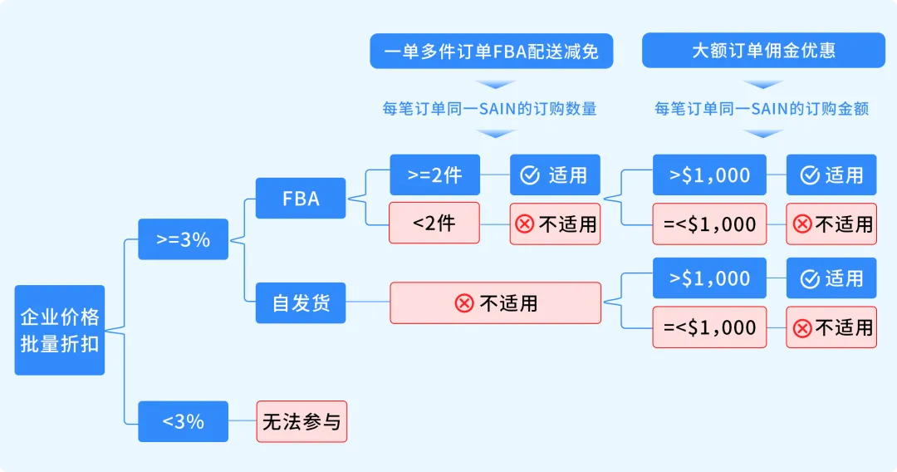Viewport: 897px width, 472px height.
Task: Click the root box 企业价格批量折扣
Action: click(60, 330)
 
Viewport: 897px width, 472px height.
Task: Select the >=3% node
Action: click(183, 240)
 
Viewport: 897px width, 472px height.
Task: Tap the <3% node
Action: click(183, 421)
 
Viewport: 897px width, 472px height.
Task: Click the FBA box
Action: click(301, 199)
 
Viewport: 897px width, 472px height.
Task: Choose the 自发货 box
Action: click(301, 302)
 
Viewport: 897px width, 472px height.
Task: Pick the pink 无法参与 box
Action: click(301, 421)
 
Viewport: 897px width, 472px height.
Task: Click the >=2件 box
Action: click(434, 175)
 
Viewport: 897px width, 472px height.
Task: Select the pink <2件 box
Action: click(434, 223)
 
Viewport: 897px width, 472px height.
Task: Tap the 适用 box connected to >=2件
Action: click(554, 175)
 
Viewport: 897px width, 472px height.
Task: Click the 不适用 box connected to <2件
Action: click(554, 224)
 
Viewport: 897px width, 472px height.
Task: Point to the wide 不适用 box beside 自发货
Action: click(495, 302)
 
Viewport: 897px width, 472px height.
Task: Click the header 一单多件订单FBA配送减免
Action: click(491, 51)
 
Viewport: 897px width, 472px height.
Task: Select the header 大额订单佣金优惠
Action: click(763, 51)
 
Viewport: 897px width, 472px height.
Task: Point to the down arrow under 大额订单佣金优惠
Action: click(763, 84)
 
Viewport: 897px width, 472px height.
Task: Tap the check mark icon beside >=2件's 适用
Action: click(530, 175)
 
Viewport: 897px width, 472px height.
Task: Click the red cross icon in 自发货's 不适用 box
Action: click(464, 303)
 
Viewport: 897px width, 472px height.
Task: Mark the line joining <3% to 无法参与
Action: click(242, 421)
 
